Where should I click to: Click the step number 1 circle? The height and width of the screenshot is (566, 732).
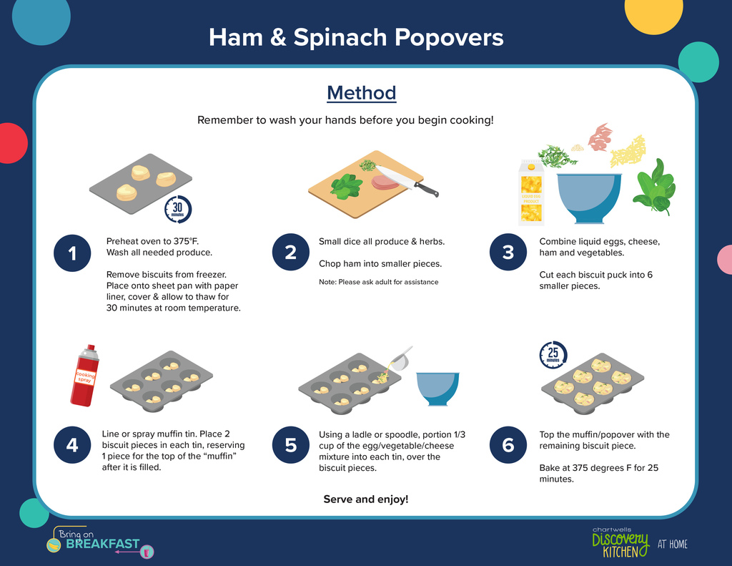tap(72, 253)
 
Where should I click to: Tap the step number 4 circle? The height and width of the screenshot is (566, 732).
tap(72, 445)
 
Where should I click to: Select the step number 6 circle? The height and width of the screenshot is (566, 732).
tap(508, 445)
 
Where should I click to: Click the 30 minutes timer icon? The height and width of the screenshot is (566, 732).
tap(178, 209)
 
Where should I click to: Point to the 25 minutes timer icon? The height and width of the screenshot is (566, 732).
tap(553, 354)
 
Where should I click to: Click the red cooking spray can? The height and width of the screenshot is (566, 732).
tap(85, 376)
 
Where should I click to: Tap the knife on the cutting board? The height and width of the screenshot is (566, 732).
tap(407, 181)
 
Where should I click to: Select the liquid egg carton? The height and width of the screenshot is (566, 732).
tap(531, 192)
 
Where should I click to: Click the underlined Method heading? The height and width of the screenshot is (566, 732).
tap(361, 93)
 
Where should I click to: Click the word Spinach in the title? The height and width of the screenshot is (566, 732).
tap(340, 37)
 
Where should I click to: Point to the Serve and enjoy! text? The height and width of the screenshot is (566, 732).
tap(366, 499)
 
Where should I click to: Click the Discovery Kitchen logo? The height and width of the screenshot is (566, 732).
tap(620, 543)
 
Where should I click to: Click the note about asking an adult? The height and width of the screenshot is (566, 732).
tap(379, 282)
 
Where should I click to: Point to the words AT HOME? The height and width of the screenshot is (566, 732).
tap(672, 544)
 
